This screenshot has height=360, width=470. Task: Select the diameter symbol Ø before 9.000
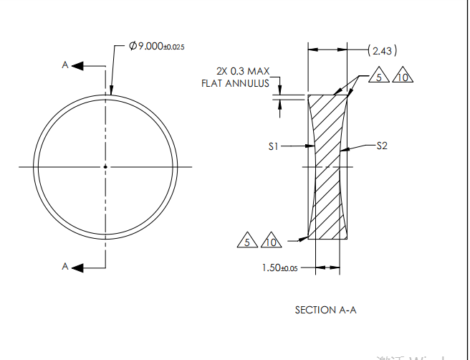click(133, 46)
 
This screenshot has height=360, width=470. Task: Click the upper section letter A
click(64, 66)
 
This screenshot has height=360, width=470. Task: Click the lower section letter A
click(64, 267)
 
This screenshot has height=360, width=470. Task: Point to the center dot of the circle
click(105, 167)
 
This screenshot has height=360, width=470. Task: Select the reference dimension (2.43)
click(381, 50)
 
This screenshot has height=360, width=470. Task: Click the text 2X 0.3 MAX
click(243, 71)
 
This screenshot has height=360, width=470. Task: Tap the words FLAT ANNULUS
click(235, 83)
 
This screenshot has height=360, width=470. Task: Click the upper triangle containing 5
click(379, 77)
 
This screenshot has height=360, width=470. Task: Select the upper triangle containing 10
click(402, 77)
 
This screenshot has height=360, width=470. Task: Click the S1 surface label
click(273, 146)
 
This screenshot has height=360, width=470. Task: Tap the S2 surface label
click(382, 146)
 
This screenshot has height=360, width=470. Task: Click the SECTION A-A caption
click(325, 310)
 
